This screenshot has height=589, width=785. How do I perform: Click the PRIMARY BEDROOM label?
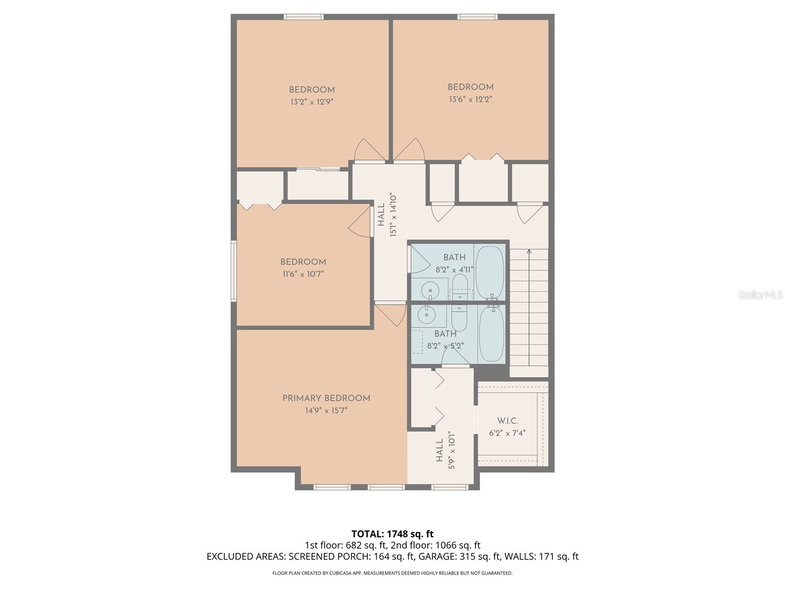326,398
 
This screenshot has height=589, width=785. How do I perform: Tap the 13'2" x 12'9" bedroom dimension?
312,102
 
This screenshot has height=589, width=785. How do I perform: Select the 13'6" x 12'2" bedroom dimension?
470,99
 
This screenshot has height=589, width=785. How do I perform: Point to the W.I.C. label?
507,421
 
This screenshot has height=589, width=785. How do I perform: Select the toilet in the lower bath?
459,318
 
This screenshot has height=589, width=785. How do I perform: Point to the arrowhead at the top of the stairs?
529,252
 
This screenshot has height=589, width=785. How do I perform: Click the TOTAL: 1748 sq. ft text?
392,534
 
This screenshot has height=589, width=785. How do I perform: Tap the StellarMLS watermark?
760,295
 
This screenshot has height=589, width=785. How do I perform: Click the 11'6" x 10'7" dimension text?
303,274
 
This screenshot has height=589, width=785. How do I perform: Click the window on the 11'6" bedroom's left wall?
234,270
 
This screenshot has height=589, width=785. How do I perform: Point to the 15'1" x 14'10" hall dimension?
393,215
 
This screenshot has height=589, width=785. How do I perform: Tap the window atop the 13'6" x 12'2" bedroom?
477,17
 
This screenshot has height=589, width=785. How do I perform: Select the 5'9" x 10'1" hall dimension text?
451,451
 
